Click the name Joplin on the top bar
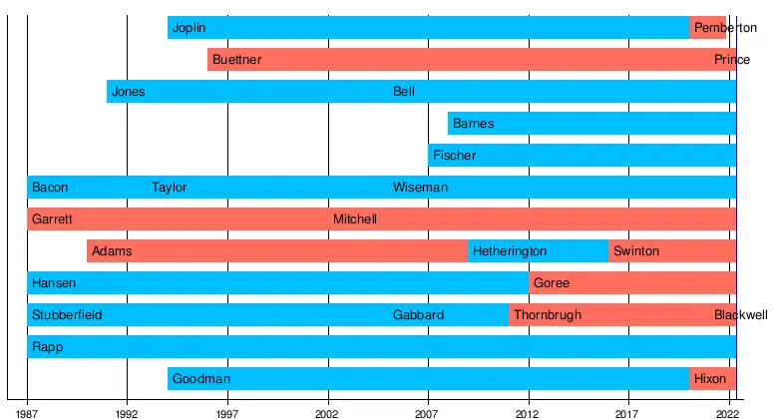[189, 28]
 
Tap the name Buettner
[236, 60]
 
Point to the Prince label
[731, 60]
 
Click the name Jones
[128, 92]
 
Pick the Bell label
[404, 92]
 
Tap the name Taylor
[169, 188]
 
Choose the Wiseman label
[420, 188]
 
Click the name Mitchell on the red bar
[355, 219]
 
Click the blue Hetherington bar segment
[538, 251]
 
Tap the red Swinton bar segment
[672, 251]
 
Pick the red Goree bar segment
[632, 283]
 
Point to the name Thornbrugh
[547, 315]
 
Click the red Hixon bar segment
[712, 379]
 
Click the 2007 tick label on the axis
[427, 411]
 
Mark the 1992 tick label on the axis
[127, 411]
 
